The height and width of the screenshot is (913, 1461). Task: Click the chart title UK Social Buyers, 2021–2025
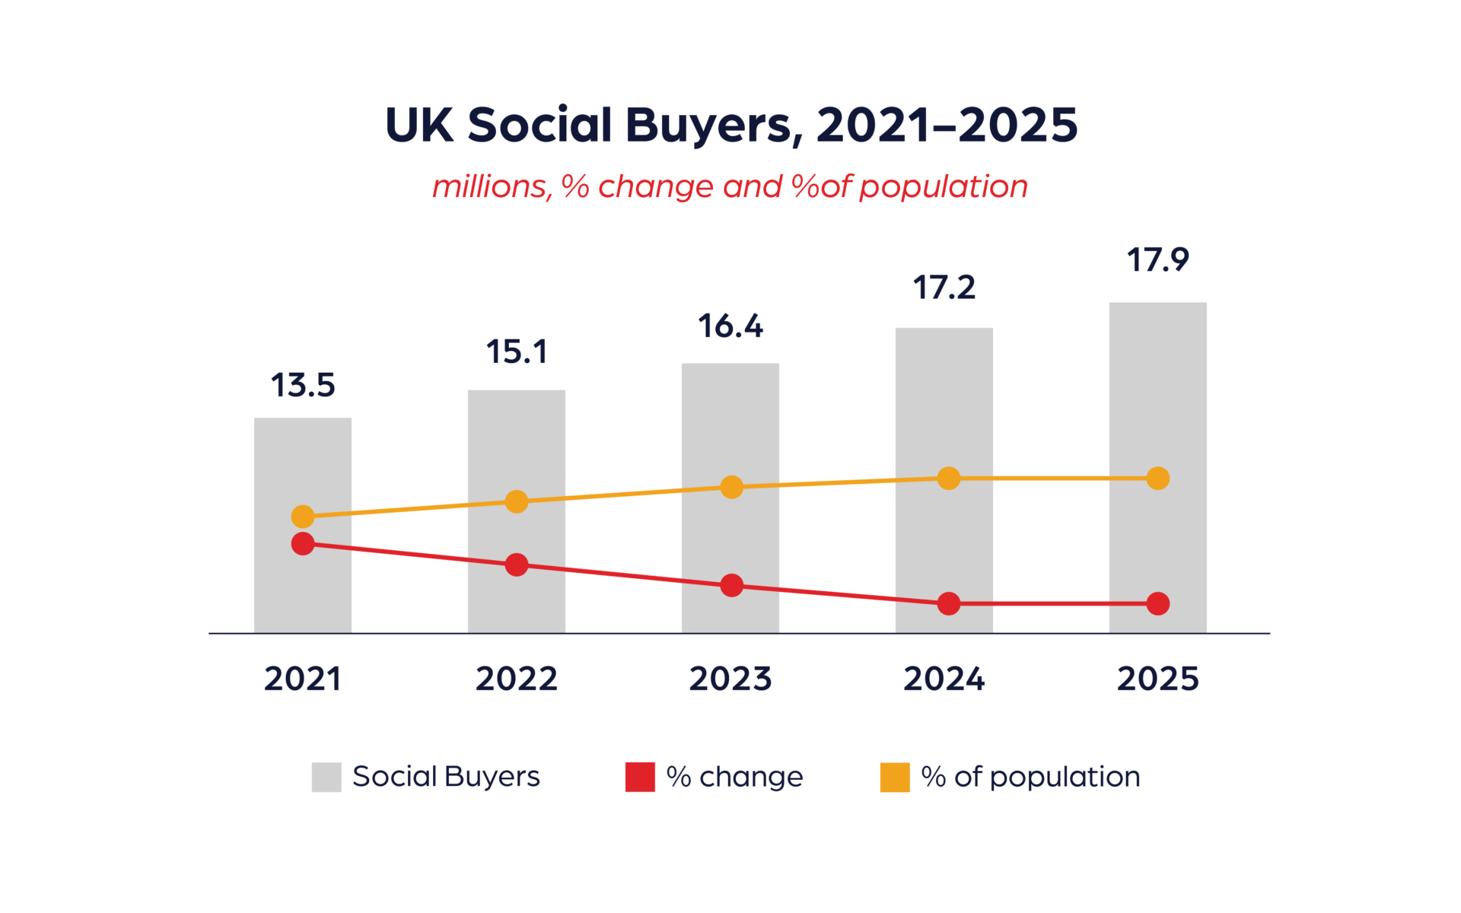pos(730,125)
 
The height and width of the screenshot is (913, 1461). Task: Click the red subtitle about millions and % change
pos(730,186)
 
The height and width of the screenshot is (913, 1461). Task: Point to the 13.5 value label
pos(303,386)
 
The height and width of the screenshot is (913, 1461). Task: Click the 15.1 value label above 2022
pos(517,352)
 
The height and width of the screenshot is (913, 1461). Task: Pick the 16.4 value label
pos(730,326)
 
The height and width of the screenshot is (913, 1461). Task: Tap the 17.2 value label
pos(944,288)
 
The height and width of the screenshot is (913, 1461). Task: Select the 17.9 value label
pos(1157,260)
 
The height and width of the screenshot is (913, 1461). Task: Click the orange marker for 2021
pos(303,517)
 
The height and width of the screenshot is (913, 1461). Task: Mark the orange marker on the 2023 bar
pos(731,487)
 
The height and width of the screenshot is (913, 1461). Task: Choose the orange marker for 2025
pos(1157,479)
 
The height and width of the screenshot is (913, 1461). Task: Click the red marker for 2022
pos(517,565)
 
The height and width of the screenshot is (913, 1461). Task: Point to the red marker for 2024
pos(948,603)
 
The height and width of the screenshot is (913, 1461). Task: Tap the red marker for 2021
pos(303,543)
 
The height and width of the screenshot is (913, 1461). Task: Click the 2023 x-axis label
pos(730,679)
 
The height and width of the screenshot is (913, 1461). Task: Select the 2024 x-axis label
pos(944,679)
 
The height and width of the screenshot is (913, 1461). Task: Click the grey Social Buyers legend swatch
pos(326,777)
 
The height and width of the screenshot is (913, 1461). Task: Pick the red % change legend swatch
pos(640,777)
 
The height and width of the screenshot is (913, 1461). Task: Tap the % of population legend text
pos(1030,777)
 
